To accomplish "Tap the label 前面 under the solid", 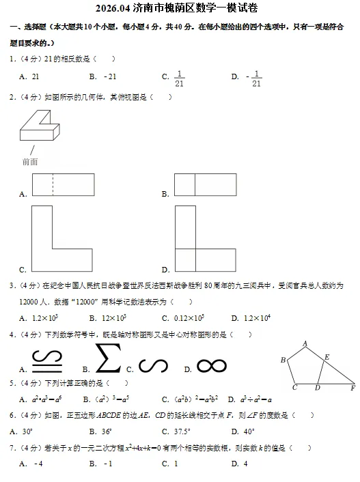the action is [29, 162].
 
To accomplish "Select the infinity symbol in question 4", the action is [211, 365].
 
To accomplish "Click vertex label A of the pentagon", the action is [305, 343].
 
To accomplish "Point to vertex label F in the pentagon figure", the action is [352, 388].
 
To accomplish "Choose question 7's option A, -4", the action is [36, 464].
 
